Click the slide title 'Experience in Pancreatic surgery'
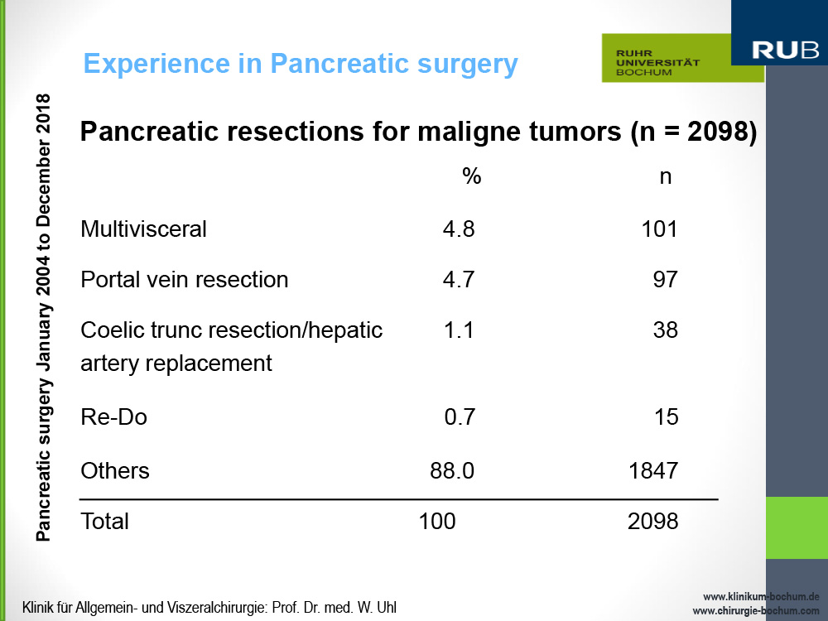pos(301,64)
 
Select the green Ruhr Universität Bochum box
pos(682,59)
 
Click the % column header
pos(471,176)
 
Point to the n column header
pos(665,176)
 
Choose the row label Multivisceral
pos(143,229)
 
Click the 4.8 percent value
pos(459,229)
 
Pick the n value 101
pos(659,229)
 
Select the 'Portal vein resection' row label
pos(184,279)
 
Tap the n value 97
pos(665,279)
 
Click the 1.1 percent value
pos(459,330)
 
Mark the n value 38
pos(665,330)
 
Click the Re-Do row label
pos(113,417)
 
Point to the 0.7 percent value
pos(460,417)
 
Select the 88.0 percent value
pos(452,471)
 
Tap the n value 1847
pos(653,471)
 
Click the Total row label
pos(104,521)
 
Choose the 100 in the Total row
pos(436,521)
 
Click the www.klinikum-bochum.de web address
pos(761,596)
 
